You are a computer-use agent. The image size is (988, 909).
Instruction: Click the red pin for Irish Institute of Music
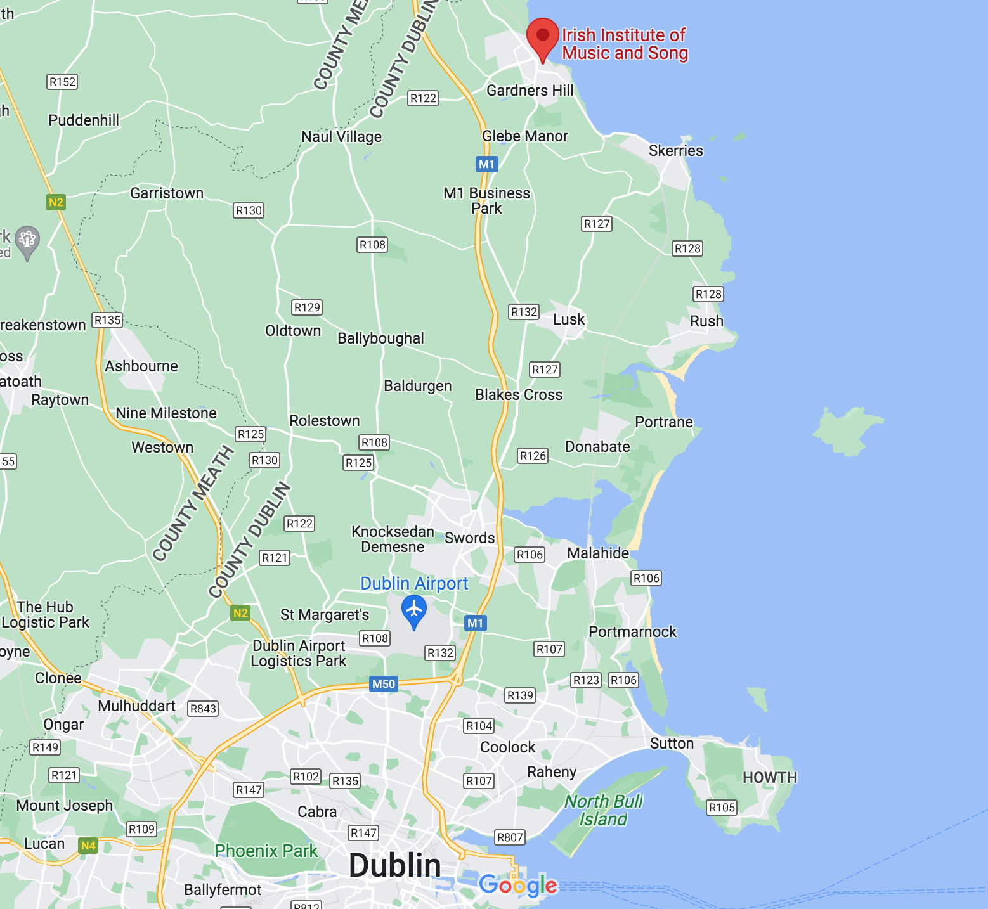543,37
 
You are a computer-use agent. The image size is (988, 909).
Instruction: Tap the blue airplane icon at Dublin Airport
414,610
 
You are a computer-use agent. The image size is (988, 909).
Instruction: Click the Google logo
518,885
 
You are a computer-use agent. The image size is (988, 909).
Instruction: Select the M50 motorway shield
384,684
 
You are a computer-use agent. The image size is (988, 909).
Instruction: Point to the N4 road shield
88,846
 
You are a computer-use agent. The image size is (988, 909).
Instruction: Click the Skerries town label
675,151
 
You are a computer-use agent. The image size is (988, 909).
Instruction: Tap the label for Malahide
598,553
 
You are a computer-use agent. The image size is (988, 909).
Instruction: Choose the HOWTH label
769,778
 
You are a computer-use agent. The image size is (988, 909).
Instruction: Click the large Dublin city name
394,865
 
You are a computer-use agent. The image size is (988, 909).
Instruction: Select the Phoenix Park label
266,851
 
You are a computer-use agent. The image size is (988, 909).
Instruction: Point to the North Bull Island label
603,810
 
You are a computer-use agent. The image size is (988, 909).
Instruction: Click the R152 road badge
62,82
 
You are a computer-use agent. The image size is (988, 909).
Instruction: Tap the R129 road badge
307,307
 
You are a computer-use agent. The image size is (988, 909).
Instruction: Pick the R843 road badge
203,709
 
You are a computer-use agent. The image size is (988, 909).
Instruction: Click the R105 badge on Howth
722,808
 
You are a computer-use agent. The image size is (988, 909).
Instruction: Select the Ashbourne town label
141,366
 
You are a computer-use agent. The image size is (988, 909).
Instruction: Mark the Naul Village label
341,137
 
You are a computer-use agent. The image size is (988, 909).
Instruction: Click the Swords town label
469,538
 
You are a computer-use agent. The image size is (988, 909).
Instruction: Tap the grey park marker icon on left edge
27,240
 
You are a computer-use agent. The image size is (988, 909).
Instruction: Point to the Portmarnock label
632,632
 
